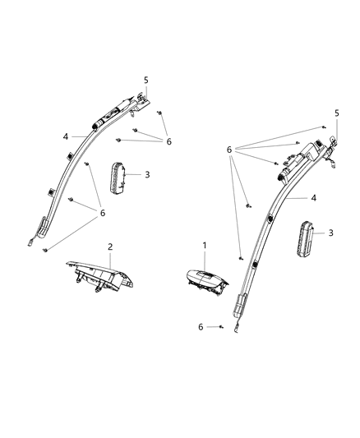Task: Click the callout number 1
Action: coord(205,246)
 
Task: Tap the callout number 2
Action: coord(110,246)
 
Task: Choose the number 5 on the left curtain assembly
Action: coord(145,80)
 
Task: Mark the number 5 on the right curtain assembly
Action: coord(335,113)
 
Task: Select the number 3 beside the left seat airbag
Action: coord(146,174)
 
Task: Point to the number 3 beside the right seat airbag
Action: coord(331,233)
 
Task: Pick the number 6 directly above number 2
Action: coord(104,214)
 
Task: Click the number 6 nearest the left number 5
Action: coord(168,141)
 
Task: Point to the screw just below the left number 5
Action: coord(159,112)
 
